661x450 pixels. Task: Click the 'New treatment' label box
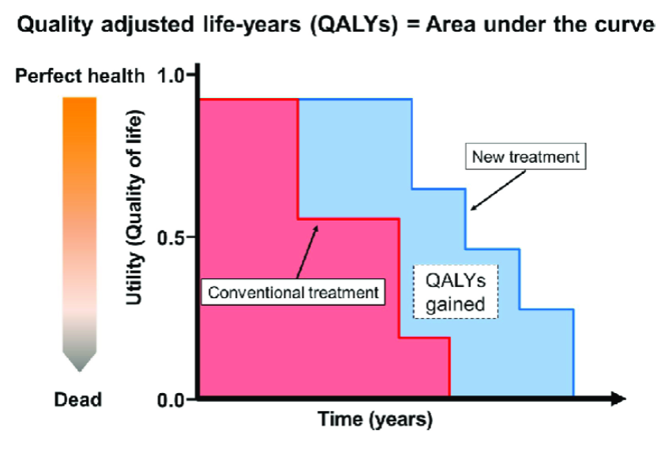click(x=525, y=156)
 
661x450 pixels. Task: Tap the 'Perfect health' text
click(x=81, y=76)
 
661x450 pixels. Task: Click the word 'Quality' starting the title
click(x=52, y=25)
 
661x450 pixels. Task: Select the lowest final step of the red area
click(x=424, y=368)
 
